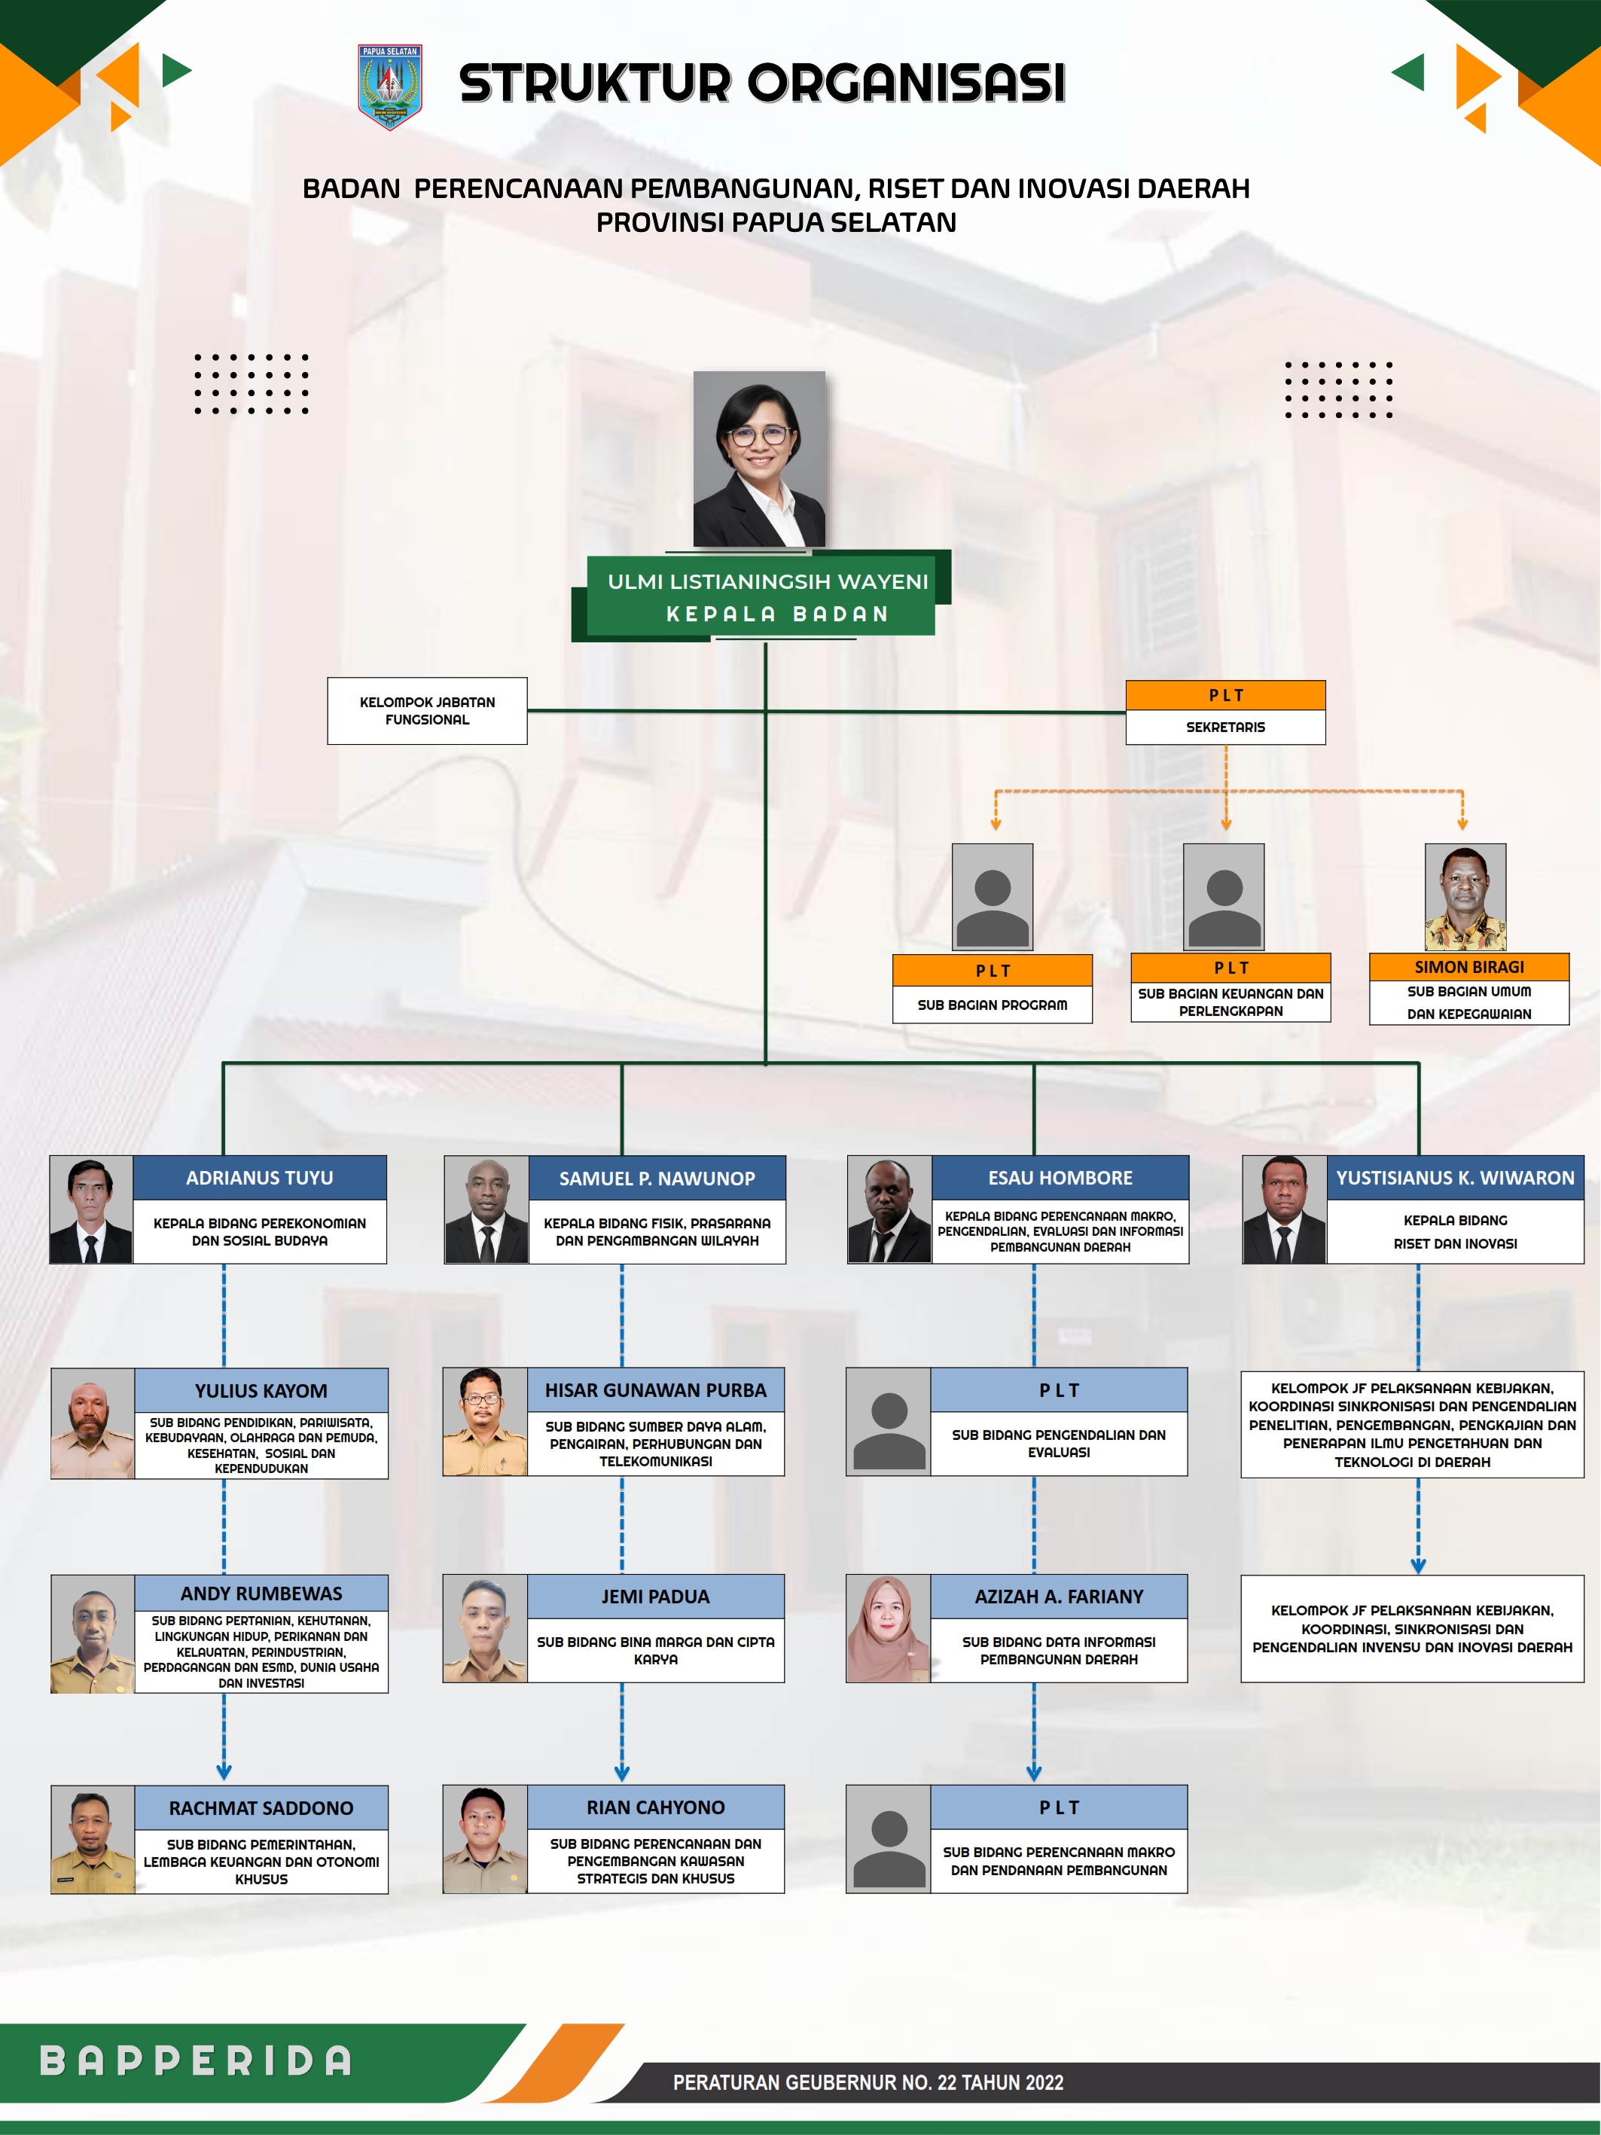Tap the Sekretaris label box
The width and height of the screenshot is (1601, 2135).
(x=1224, y=727)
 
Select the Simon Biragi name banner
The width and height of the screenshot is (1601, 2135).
(x=1468, y=967)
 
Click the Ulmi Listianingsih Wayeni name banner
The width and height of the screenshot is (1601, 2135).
(x=768, y=582)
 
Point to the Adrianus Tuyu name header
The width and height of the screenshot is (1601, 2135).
(x=260, y=1178)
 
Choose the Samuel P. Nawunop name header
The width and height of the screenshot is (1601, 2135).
(x=657, y=1179)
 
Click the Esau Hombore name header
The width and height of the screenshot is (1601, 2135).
(x=1060, y=1178)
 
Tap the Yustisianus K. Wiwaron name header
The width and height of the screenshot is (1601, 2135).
(x=1454, y=1178)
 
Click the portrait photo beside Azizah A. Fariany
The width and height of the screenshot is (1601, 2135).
(x=888, y=1629)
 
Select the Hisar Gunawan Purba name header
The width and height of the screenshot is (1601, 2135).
(x=655, y=1390)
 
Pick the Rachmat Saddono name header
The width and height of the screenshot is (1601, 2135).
(x=261, y=1808)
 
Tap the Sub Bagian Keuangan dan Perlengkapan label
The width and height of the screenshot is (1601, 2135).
(x=1230, y=1002)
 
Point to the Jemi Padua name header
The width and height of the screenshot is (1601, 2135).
(x=655, y=1597)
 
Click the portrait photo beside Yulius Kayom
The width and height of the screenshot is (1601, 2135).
(x=93, y=1423)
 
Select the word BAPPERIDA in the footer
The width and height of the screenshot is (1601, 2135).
(x=196, y=2060)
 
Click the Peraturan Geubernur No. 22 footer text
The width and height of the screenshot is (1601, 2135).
(x=868, y=2083)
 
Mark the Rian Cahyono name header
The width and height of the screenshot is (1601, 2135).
(x=655, y=1807)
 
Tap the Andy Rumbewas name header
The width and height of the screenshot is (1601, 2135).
(x=261, y=1594)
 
